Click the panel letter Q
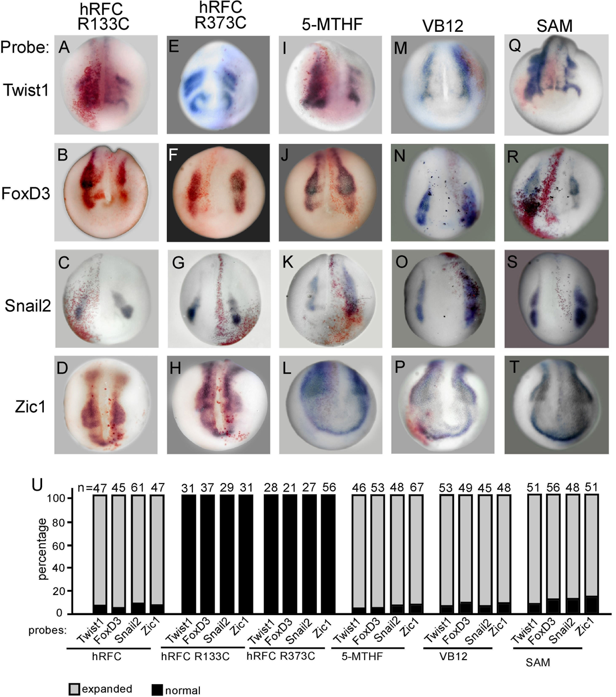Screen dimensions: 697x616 (514, 45)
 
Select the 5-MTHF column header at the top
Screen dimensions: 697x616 (332, 25)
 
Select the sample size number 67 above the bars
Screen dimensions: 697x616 (417, 487)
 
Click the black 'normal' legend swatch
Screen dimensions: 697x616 (157, 689)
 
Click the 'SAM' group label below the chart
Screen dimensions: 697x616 (538, 662)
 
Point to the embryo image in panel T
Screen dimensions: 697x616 (556, 405)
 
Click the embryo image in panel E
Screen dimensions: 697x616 (218, 85)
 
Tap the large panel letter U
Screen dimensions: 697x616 (37, 484)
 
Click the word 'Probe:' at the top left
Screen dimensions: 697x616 (25, 47)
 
